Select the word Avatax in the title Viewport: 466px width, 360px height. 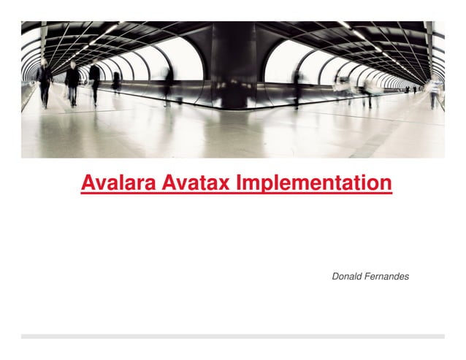coord(193,183)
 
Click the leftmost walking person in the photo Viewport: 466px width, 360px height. coord(45,82)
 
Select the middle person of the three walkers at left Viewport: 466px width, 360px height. coord(72,83)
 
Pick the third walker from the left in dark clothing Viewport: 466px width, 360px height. coord(94,82)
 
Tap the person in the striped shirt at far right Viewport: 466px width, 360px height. coord(435,91)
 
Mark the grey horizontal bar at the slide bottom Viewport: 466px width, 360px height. coord(232,337)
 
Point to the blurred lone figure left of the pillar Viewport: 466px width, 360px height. coord(169,84)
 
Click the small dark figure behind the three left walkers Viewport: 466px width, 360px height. coord(116,82)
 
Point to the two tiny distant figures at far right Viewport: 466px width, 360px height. coord(410,90)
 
